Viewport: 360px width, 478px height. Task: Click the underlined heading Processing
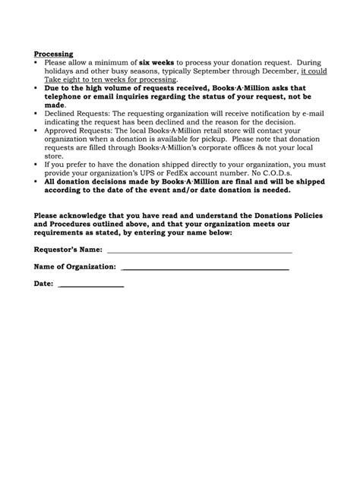(x=53, y=54)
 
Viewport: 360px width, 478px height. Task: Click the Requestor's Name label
(x=68, y=249)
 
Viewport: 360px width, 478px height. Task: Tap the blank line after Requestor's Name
(x=199, y=250)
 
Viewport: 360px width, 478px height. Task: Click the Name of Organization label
(x=74, y=266)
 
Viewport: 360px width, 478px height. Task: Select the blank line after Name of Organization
(x=204, y=268)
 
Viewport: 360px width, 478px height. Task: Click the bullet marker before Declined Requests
(x=37, y=112)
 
